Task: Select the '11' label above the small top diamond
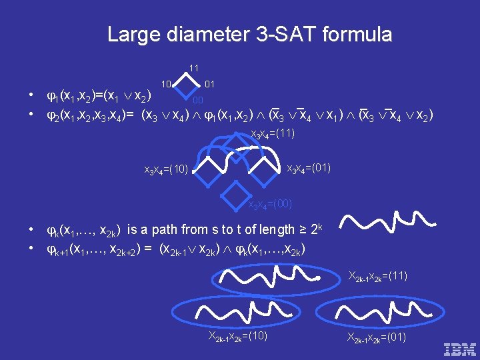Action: click(x=193, y=68)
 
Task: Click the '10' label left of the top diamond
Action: click(x=167, y=84)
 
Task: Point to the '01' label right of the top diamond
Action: click(x=209, y=84)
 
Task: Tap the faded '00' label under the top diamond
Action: click(x=198, y=101)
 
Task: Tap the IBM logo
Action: click(x=459, y=349)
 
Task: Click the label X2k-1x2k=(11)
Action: click(x=378, y=275)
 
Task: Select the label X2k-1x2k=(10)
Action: click(x=238, y=336)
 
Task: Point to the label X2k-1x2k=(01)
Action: click(x=377, y=337)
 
